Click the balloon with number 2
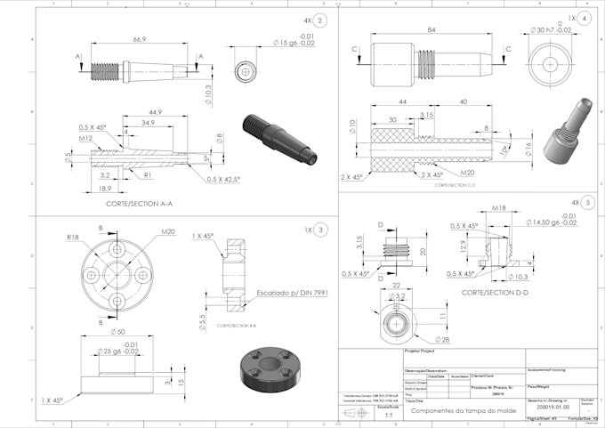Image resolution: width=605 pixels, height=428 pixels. (x=320, y=20)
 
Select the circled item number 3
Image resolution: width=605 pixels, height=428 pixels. (x=320, y=230)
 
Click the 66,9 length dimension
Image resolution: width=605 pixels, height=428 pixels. (x=140, y=40)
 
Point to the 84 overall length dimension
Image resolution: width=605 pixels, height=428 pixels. (x=432, y=31)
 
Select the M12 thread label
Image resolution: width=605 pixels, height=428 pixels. (x=85, y=138)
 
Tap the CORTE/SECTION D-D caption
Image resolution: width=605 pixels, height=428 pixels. (x=496, y=291)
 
